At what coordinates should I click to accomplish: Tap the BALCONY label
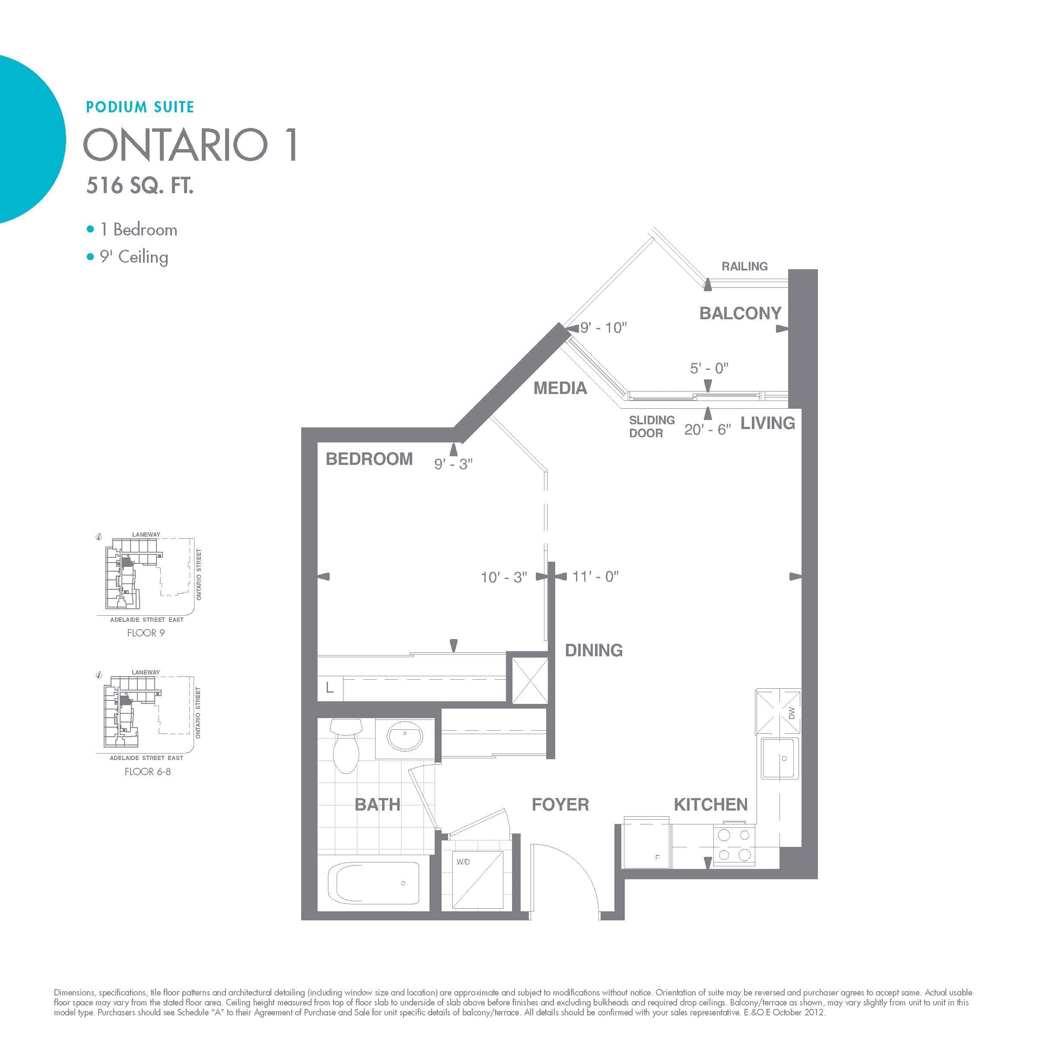740,313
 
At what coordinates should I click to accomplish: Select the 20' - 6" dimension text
707,429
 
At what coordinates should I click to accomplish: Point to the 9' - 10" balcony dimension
603,328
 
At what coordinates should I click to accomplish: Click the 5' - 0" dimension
709,368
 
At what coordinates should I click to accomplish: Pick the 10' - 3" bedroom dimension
503,577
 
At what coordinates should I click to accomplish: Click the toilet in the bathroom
346,746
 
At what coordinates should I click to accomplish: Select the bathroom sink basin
405,736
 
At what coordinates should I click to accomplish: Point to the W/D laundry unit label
463,862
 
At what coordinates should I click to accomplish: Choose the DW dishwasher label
792,713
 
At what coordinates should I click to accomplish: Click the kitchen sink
780,758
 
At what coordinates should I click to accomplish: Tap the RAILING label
744,266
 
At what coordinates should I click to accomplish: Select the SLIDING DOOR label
652,427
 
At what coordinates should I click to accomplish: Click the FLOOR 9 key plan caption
146,633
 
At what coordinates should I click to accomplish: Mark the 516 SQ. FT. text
140,186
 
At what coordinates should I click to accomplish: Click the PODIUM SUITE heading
140,107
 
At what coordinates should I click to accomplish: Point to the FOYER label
560,805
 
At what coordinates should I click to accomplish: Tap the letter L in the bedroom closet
330,687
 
